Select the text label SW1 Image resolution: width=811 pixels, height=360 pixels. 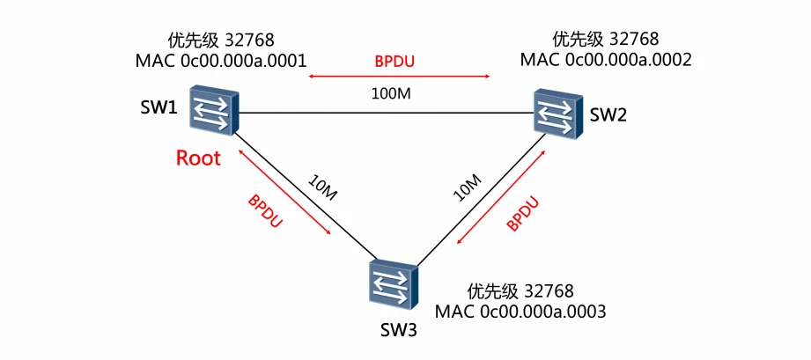click(x=159, y=109)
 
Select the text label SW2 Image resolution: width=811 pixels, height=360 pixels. click(x=608, y=114)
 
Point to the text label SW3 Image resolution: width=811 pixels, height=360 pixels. click(x=393, y=332)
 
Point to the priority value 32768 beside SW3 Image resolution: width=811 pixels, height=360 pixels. click(x=549, y=290)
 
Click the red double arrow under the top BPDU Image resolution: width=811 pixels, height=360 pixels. click(x=398, y=77)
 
